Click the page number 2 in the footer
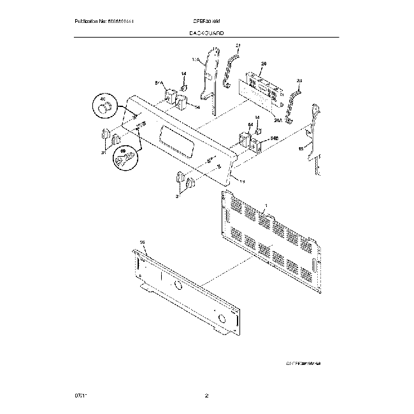(x=206, y=396)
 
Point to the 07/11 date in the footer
(x=81, y=396)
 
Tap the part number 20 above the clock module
(x=263, y=64)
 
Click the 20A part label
(x=278, y=120)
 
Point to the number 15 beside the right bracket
(x=301, y=148)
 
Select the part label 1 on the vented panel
(x=266, y=205)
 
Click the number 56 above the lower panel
(x=143, y=243)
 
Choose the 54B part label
(x=275, y=137)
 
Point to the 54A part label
(x=159, y=83)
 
